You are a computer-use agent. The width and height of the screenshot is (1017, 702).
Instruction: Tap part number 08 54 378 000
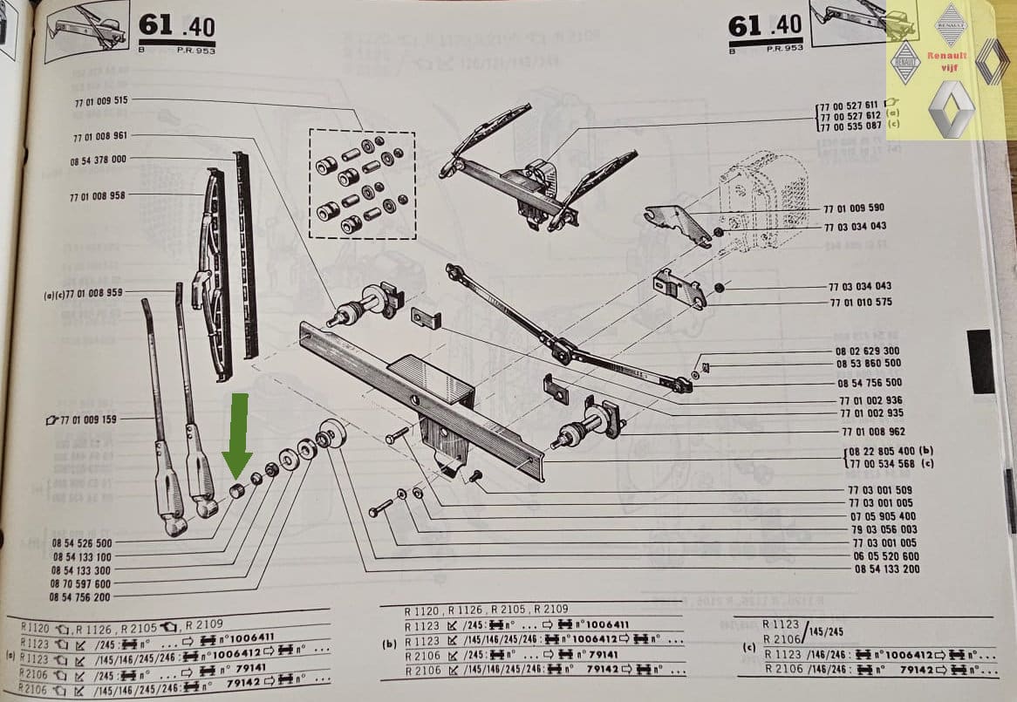98,160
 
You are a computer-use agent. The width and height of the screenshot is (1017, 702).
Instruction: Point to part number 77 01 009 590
854,209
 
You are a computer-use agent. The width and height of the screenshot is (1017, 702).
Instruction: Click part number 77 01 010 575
860,303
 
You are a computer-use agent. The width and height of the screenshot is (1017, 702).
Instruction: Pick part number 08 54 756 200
80,597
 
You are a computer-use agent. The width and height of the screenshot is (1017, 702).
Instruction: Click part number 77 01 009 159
88,419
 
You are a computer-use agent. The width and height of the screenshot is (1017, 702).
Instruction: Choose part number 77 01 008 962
872,431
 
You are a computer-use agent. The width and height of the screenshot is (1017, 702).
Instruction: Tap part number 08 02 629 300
868,351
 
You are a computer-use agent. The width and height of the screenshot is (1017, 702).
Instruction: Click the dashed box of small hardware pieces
361,184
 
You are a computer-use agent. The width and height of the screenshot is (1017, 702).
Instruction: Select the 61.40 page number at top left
176,26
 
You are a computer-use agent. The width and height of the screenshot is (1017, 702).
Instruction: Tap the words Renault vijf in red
945,60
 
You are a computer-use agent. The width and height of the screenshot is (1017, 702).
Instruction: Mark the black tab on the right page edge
980,362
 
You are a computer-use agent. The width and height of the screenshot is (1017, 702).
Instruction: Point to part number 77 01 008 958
98,197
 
